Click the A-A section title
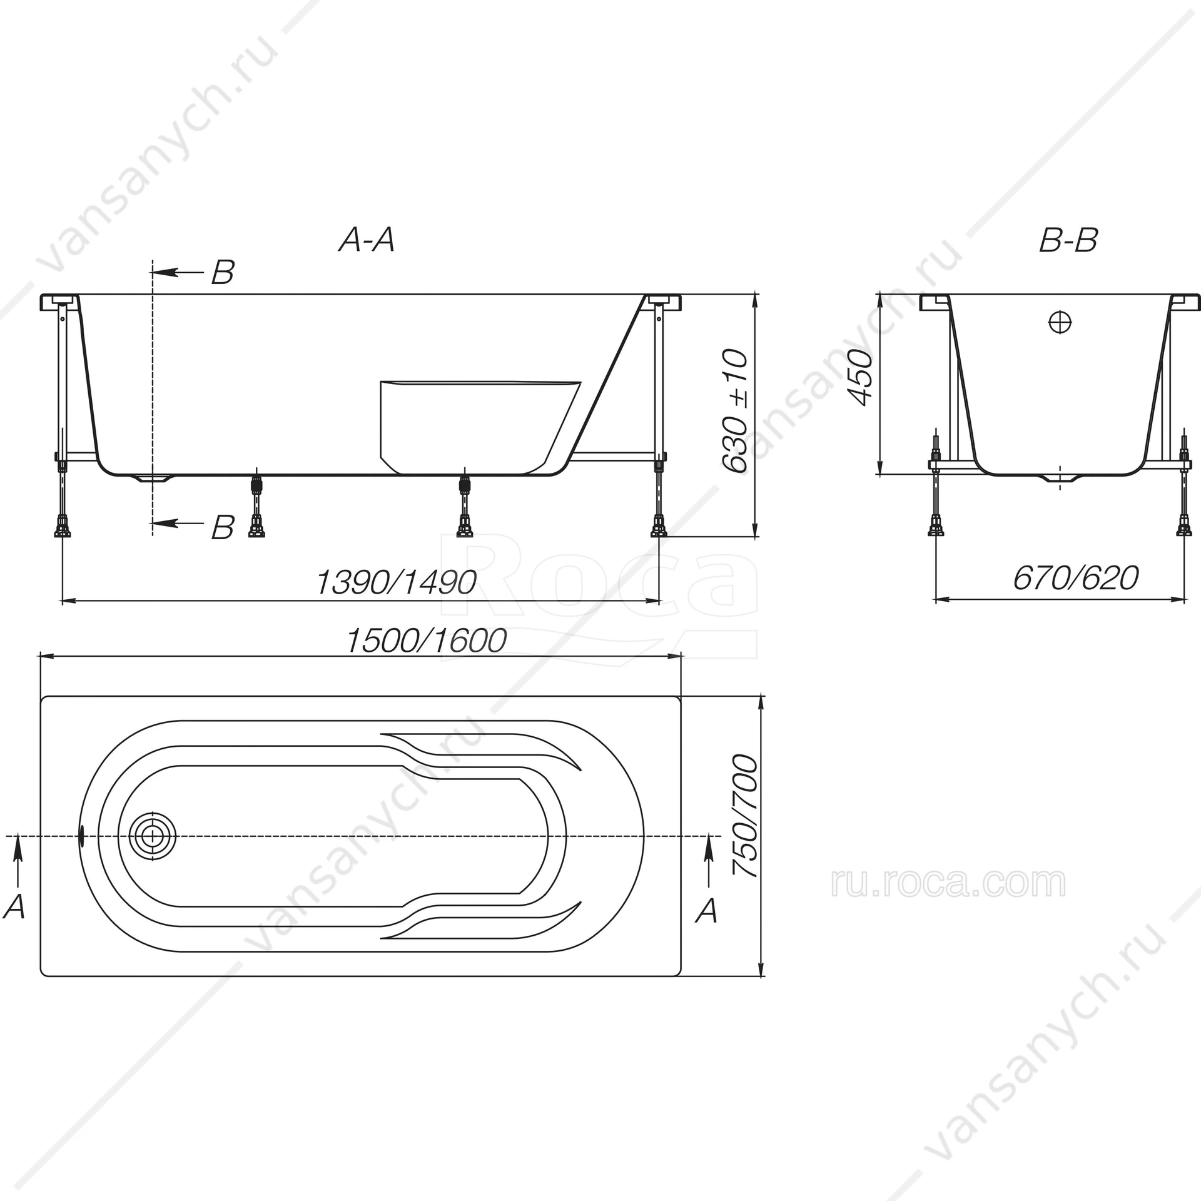coord(367,240)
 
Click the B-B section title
coord(1068,240)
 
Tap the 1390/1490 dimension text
coord(397,582)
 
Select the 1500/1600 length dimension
coord(426,641)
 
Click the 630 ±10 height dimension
coord(734,410)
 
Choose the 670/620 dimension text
coord(1076,578)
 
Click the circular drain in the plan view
coord(153,836)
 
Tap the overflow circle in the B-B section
coord(1060,323)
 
